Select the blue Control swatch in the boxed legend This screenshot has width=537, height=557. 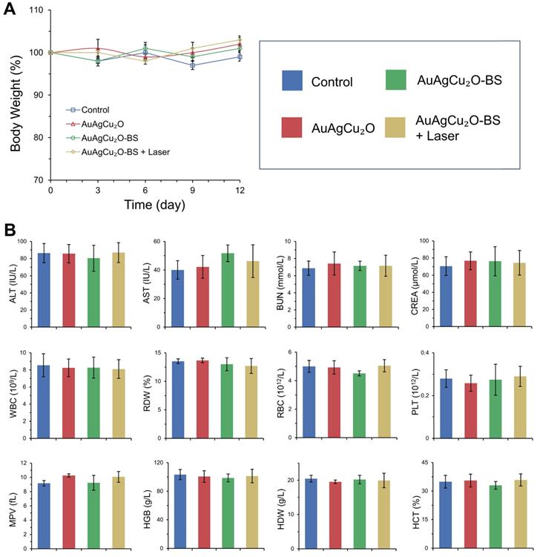click(294, 82)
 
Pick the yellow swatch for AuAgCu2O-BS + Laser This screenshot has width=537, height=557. click(399, 131)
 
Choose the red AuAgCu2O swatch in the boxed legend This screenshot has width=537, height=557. click(294, 131)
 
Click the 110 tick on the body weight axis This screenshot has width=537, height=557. click(34, 10)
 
